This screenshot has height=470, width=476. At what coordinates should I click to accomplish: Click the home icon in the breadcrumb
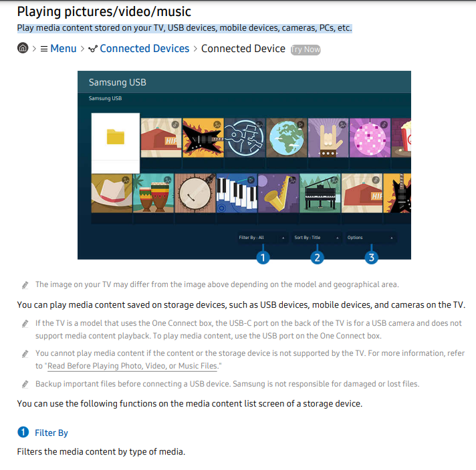pyautogui.click(x=23, y=48)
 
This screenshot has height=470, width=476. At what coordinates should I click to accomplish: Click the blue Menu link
pyautogui.click(x=63, y=49)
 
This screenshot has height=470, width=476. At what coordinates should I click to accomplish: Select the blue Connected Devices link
pyautogui.click(x=144, y=49)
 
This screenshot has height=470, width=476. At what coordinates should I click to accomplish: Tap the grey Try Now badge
pyautogui.click(x=306, y=49)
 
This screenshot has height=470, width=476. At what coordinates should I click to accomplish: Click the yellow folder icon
pyautogui.click(x=116, y=137)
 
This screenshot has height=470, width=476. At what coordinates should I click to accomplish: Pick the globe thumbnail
pyautogui.click(x=286, y=138)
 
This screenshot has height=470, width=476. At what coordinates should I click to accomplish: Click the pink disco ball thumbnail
pyautogui.click(x=370, y=138)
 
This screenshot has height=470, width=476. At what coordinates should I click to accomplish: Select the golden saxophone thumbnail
pyautogui.click(x=278, y=193)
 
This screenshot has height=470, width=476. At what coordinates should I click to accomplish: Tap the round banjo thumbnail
pyautogui.click(x=195, y=193)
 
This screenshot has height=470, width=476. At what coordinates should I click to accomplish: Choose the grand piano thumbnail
pyautogui.click(x=320, y=193)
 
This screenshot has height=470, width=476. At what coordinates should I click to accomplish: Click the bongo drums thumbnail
pyautogui.click(x=153, y=193)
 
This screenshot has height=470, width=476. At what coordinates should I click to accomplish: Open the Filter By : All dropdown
pyautogui.click(x=262, y=238)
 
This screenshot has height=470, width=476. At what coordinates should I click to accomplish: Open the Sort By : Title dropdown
pyautogui.click(x=316, y=238)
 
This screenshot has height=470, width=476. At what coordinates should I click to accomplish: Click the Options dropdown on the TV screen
pyautogui.click(x=370, y=238)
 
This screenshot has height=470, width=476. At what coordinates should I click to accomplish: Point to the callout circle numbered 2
pyautogui.click(x=317, y=258)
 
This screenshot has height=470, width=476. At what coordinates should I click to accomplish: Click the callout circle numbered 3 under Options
pyautogui.click(x=371, y=258)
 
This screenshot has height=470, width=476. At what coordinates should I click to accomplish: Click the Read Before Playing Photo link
pyautogui.click(x=132, y=366)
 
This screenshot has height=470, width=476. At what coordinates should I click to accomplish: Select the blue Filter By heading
pyautogui.click(x=51, y=433)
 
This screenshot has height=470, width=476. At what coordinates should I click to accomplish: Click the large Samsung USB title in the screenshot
pyautogui.click(x=118, y=82)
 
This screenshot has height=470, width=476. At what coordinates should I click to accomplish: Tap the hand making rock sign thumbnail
pyautogui.click(x=328, y=138)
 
